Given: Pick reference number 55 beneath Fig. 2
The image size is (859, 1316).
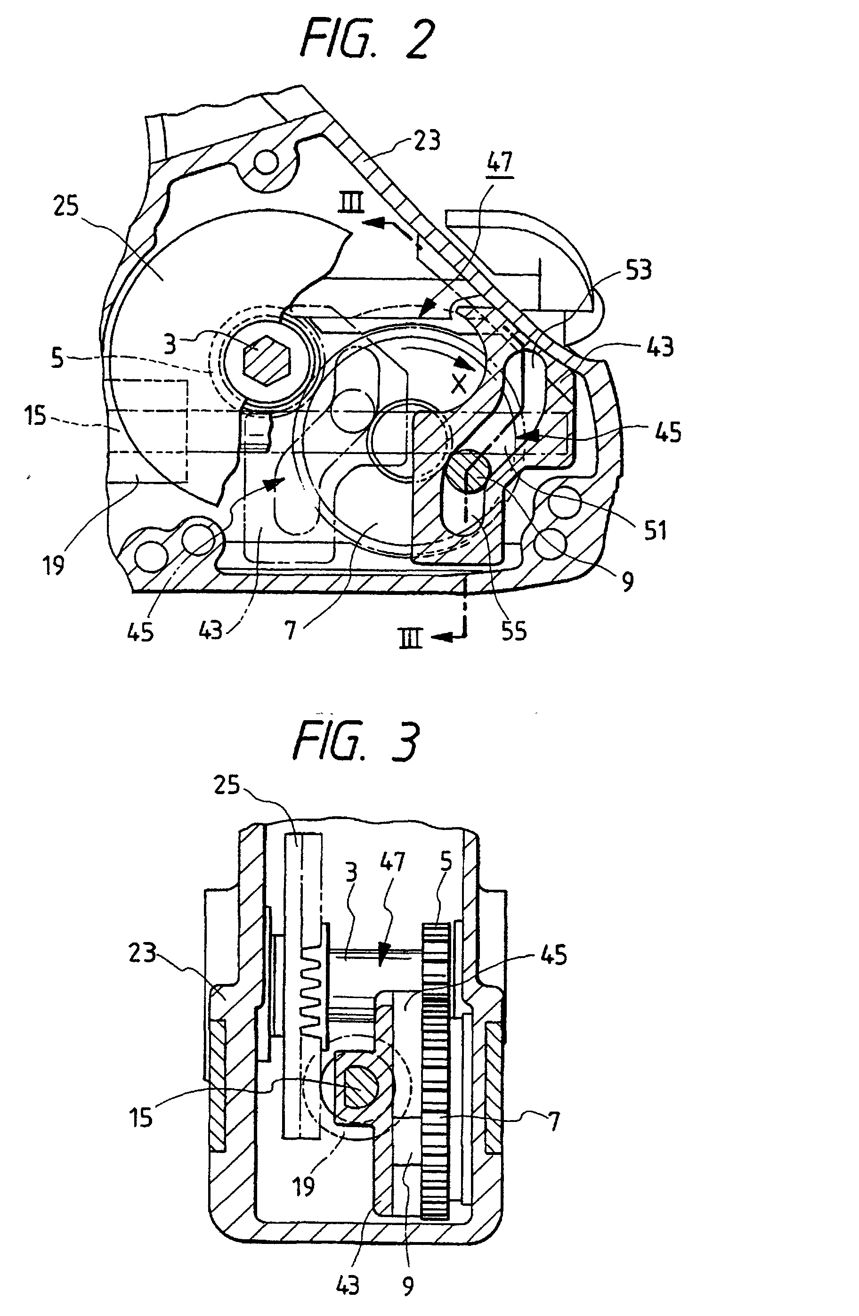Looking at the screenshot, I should [x=513, y=631].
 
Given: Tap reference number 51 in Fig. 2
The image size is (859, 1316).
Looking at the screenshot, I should [x=656, y=530].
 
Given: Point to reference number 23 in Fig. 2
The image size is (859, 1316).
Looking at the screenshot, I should [x=427, y=140].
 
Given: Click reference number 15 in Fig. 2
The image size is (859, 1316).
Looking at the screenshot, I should [x=35, y=414].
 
